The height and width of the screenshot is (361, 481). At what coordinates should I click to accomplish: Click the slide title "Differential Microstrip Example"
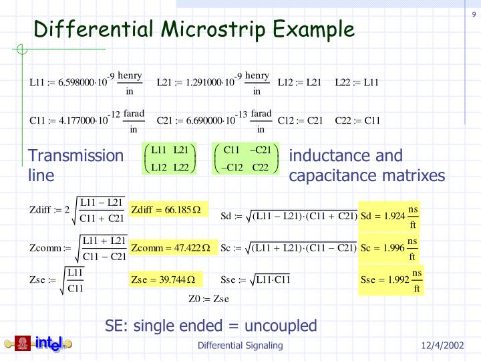click(x=194, y=29)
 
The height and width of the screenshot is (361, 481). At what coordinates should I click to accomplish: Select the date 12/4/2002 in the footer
click(x=442, y=346)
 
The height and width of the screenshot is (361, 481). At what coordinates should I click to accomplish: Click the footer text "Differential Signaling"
click(x=240, y=346)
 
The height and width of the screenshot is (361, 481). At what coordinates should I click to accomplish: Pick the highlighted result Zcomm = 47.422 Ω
click(x=171, y=248)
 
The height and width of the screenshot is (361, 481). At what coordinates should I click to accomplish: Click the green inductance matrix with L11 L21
click(x=170, y=158)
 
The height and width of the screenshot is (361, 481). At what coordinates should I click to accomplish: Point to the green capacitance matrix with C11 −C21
click(x=245, y=158)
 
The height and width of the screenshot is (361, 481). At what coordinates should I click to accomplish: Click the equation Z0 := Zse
click(x=210, y=299)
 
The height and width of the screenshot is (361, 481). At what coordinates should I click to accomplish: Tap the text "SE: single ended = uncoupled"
click(x=211, y=326)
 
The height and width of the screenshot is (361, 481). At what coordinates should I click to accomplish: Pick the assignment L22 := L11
click(x=357, y=83)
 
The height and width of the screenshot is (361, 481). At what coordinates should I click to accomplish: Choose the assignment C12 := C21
click(x=300, y=121)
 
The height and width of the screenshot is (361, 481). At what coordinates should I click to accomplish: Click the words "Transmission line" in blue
click(x=75, y=165)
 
